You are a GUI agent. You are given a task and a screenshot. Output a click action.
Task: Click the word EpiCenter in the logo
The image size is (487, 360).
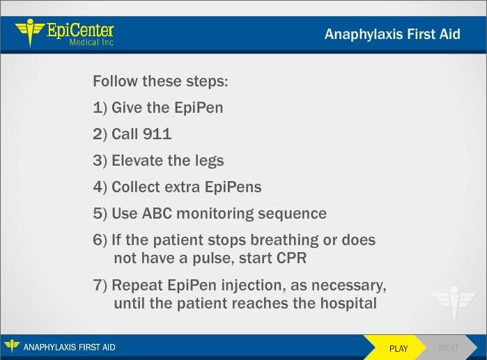click(80, 31)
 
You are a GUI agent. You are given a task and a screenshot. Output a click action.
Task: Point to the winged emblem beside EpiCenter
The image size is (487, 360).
click(30, 32)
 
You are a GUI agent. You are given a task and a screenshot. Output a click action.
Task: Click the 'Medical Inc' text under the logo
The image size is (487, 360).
click(91, 42)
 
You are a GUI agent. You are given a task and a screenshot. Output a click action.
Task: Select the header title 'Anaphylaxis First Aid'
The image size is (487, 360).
click(392, 34)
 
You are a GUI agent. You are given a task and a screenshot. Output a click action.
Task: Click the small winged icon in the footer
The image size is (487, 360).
click(12, 346)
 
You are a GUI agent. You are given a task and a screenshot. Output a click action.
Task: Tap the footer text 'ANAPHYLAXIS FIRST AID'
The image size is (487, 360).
click(69, 347)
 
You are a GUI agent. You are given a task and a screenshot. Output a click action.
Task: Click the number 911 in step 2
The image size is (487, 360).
click(157, 134)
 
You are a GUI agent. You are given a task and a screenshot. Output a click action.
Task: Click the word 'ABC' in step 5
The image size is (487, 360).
click(157, 214)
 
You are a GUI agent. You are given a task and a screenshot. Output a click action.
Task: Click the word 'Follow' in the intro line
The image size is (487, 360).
click(115, 81)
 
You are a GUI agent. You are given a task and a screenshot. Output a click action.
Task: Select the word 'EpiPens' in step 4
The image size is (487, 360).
click(233, 187)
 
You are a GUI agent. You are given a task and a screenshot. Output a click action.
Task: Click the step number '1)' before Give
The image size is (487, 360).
click(100, 108)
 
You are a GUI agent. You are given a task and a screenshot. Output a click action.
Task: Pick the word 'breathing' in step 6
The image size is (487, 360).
click(284, 240)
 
